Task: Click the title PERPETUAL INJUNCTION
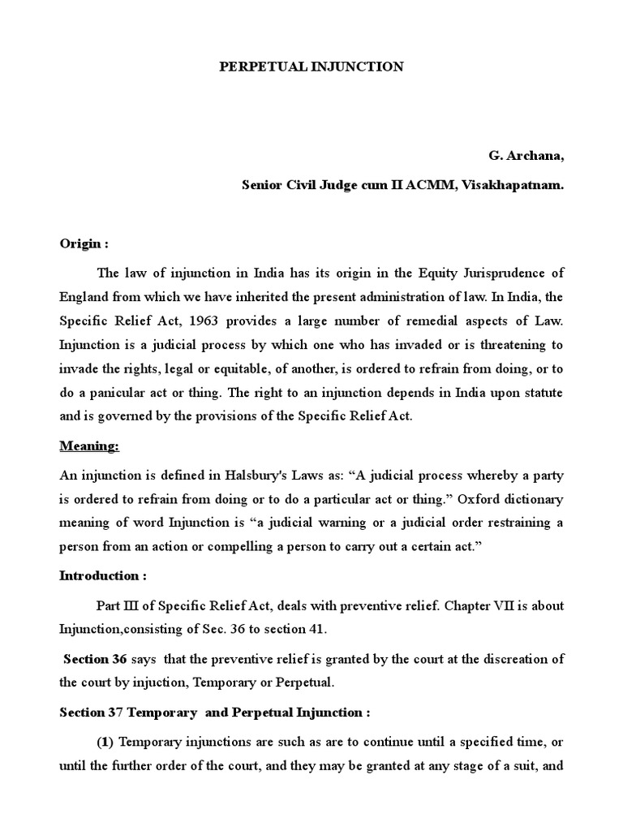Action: tap(311, 67)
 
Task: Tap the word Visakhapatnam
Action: tap(521, 184)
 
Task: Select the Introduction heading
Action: tap(103, 575)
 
